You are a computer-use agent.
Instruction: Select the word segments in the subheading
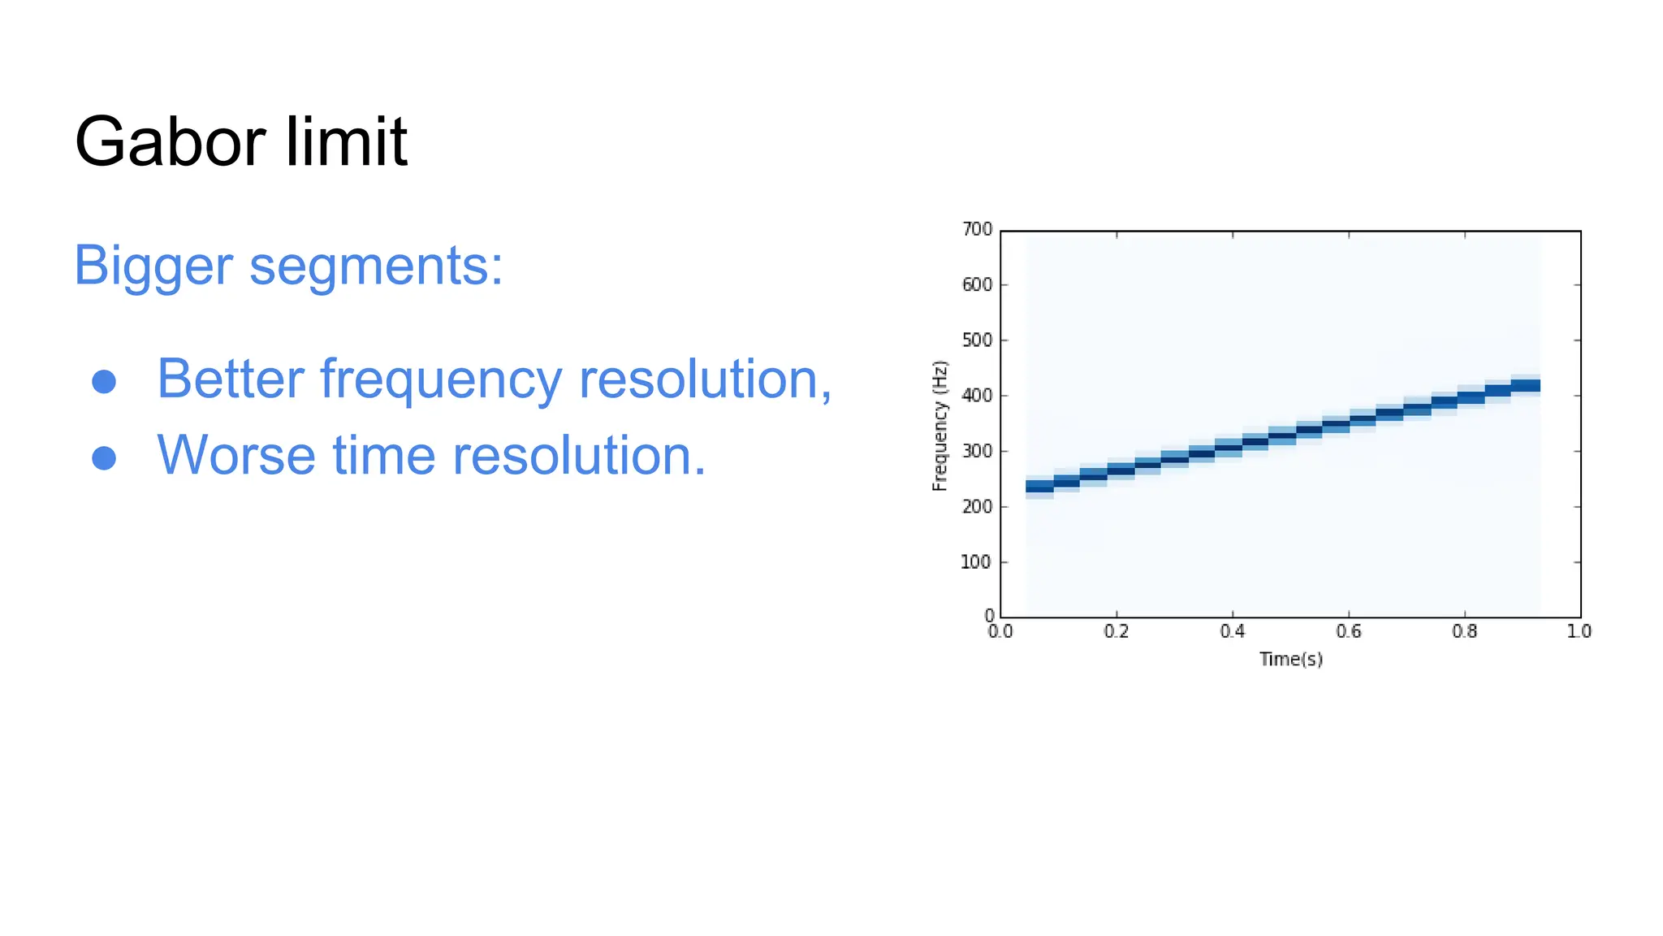(375, 266)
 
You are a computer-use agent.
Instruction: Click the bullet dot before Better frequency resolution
(104, 381)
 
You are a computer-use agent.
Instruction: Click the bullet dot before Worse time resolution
(104, 457)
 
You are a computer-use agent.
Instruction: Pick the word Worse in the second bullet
(236, 455)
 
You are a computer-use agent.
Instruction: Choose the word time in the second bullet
(384, 455)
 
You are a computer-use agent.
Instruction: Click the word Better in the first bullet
(231, 379)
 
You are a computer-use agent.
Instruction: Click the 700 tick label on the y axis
(977, 230)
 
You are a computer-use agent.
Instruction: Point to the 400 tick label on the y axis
(977, 396)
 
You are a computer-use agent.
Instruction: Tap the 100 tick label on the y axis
(977, 562)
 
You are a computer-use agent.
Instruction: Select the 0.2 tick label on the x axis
(1117, 631)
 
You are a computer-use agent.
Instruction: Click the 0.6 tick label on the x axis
(1349, 631)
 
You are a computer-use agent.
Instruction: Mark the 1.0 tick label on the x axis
(1579, 631)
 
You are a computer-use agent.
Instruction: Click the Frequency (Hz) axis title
(939, 426)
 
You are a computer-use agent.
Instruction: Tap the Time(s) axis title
(1291, 659)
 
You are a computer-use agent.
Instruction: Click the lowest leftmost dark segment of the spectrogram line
(1039, 487)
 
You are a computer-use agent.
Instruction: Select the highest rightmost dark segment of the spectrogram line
(1526, 386)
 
